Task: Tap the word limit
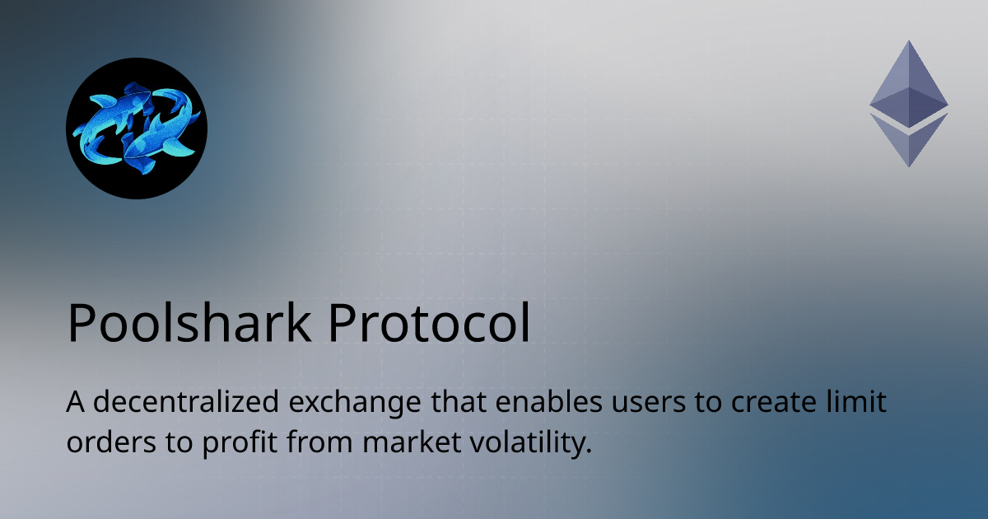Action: [x=862, y=405]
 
